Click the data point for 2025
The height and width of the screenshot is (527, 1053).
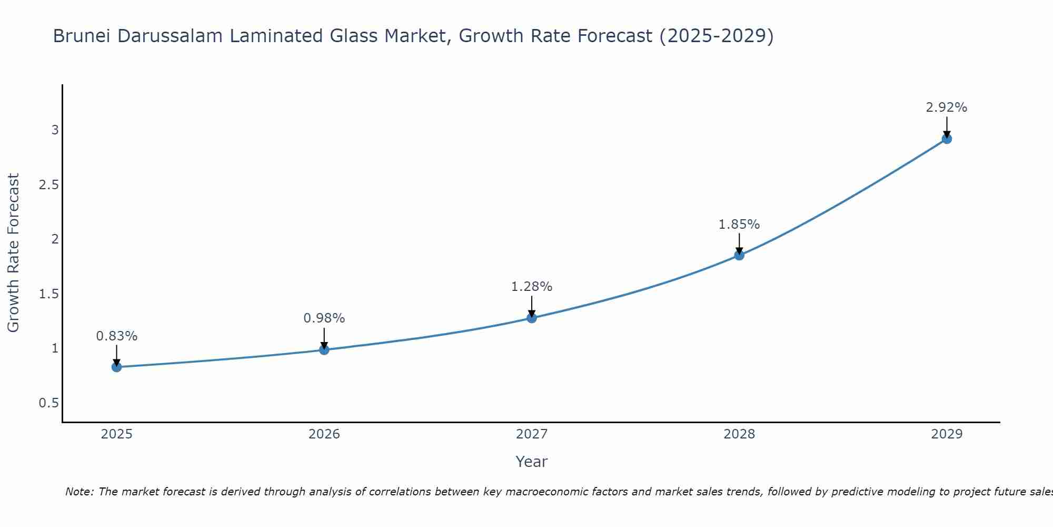(117, 367)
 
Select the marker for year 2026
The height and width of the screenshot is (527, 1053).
(324, 349)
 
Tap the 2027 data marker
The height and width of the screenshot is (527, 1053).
(532, 318)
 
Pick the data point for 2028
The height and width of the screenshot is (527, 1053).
(739, 255)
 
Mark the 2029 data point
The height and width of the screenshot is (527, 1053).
(947, 139)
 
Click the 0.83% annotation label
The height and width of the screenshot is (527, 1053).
(117, 336)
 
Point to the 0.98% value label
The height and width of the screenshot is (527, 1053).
(324, 318)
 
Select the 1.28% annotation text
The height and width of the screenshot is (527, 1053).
(532, 287)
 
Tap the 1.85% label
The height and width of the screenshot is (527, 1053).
(739, 225)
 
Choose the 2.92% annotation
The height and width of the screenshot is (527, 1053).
(947, 108)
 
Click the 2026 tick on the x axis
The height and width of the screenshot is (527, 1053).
(324, 434)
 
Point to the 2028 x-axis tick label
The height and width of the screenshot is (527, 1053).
(739, 434)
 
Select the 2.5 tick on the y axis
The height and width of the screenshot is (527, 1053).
(48, 185)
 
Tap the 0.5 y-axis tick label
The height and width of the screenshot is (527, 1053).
(48, 403)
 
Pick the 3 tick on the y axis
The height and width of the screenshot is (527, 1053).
(55, 130)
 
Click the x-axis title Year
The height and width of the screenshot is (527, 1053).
(532, 462)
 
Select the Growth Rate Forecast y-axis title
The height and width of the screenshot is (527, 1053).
(13, 253)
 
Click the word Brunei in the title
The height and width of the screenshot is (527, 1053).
(82, 36)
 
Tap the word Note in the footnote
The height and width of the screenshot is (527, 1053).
(79, 492)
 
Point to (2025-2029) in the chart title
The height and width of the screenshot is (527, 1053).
(717, 36)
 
